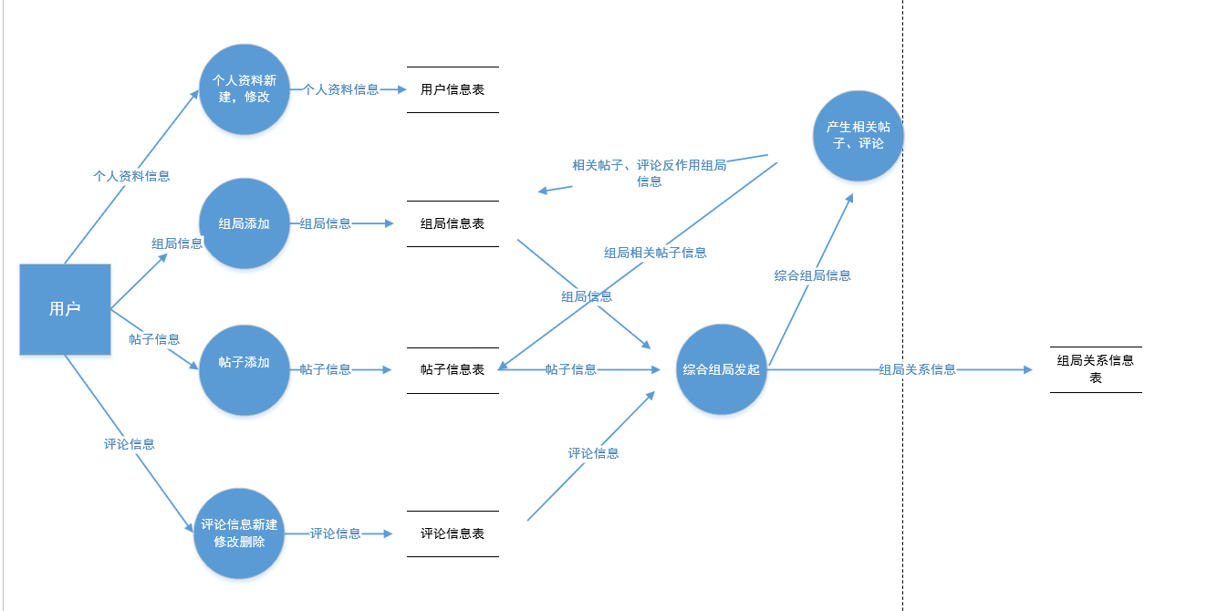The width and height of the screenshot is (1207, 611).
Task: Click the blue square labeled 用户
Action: click(x=65, y=309)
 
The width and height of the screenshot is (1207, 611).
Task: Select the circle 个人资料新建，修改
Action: click(x=245, y=89)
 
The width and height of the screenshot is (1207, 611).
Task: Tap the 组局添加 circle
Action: click(x=245, y=223)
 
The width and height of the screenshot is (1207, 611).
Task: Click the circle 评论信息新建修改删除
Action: click(x=239, y=533)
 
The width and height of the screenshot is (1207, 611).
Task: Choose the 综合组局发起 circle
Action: click(x=721, y=369)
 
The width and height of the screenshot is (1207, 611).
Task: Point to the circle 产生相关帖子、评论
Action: click(x=858, y=135)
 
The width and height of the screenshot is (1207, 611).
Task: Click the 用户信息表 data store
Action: click(x=453, y=89)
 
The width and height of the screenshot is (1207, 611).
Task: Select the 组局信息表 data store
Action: click(x=453, y=223)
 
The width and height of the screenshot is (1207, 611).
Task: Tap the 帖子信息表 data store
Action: click(x=453, y=369)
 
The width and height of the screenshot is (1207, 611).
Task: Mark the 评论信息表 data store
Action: click(x=453, y=533)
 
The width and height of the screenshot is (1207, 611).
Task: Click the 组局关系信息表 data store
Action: click(x=1096, y=368)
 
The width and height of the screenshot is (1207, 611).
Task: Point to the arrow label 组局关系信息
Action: click(x=917, y=369)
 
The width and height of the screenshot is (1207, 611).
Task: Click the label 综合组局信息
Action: click(x=812, y=275)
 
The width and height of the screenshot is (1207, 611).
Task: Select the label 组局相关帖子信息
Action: click(x=655, y=253)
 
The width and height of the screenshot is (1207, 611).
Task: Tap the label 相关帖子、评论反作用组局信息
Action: click(x=650, y=172)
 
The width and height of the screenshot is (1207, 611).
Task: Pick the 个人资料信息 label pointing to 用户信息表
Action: click(x=341, y=89)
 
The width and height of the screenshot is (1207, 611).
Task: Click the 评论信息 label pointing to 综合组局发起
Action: click(x=593, y=453)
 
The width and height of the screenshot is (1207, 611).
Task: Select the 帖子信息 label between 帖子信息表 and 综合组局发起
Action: click(x=571, y=369)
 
